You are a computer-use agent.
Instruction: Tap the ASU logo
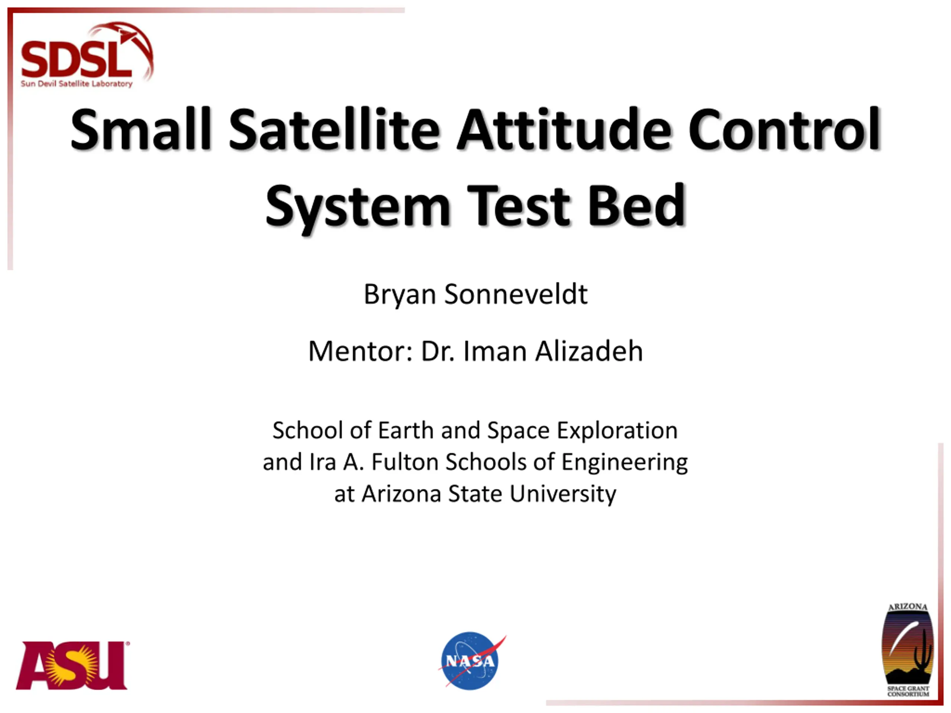tap(72, 666)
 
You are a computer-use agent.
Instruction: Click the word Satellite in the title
tap(334, 129)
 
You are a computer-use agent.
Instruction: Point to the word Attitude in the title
tap(563, 129)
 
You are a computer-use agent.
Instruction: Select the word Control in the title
tap(784, 129)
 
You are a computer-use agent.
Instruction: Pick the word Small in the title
tap(141, 129)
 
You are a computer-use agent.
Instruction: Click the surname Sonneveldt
tap(516, 294)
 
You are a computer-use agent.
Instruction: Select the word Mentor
tap(360, 352)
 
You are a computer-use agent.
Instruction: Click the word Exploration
tap(617, 431)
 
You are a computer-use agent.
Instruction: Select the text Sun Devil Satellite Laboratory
tap(77, 84)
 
